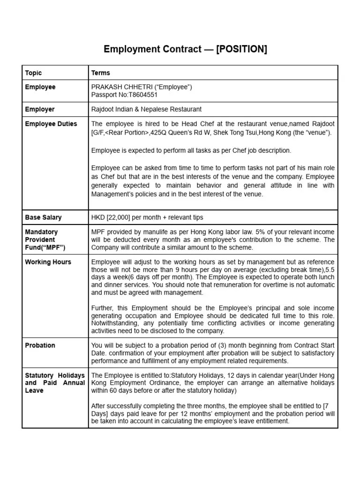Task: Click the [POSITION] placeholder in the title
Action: point(241,49)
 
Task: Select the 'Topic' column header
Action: point(33,73)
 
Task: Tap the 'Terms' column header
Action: point(101,73)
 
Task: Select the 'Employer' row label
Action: point(40,109)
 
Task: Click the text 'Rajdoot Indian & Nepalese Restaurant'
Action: point(146,109)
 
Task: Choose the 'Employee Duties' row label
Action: point(51,124)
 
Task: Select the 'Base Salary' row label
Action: point(43,217)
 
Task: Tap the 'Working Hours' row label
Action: point(48,262)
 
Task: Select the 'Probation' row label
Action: point(40,345)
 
